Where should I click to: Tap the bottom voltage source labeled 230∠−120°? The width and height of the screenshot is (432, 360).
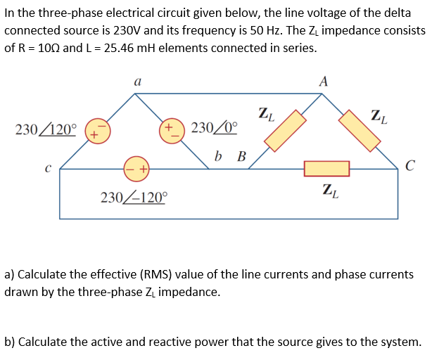click(x=136, y=169)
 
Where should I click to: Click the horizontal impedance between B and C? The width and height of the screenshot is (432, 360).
click(x=326, y=169)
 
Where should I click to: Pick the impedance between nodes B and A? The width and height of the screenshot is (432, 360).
click(x=285, y=130)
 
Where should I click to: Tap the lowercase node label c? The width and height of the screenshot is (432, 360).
click(x=46, y=168)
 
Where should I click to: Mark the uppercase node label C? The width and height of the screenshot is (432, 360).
click(x=410, y=167)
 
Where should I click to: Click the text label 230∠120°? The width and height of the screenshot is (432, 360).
click(x=46, y=130)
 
